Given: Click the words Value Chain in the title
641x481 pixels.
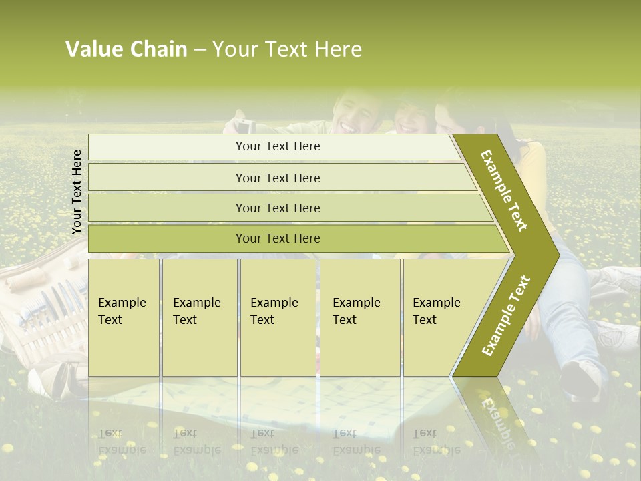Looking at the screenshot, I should tap(126, 49).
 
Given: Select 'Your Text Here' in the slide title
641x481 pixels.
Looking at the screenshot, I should tap(287, 49).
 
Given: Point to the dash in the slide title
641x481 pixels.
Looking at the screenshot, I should tap(200, 50).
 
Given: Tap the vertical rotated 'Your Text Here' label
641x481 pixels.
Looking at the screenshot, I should tap(77, 192).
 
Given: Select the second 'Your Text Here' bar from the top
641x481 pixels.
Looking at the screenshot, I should tap(278, 178).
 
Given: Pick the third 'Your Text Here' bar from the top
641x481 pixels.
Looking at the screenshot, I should tap(278, 208).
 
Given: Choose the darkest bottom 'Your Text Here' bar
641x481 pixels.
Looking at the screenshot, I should tap(278, 238).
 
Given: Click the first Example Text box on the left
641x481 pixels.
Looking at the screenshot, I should tap(124, 317).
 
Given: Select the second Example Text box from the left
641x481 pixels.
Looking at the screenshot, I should tap(199, 317).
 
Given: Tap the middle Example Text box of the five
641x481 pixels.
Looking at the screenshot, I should tap(278, 317).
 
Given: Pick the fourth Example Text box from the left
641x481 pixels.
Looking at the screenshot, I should tap(360, 317).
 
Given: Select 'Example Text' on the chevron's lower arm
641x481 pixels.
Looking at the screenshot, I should tap(506, 316).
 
